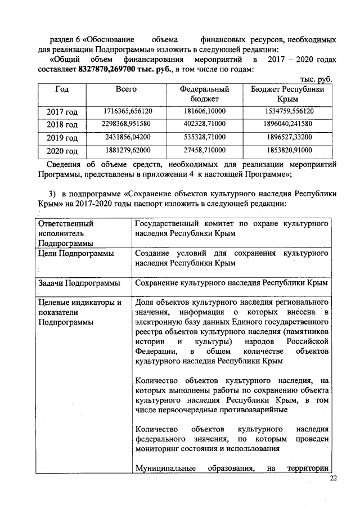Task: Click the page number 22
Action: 333,479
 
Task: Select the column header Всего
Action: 126,89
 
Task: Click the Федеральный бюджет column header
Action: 204,94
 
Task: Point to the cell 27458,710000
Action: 204,150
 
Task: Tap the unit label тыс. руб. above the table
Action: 315,79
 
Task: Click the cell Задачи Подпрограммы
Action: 78,282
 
